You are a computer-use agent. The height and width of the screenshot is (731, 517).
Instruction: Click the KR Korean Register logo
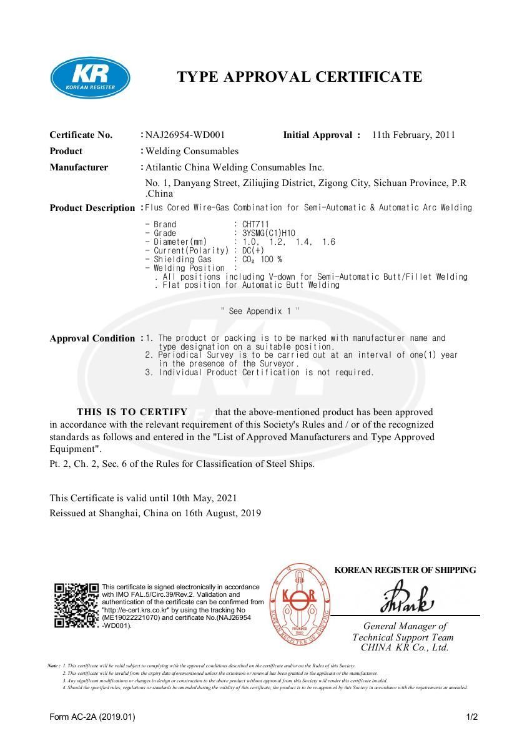(x=90, y=78)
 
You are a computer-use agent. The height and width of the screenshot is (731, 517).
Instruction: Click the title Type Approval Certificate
(x=300, y=77)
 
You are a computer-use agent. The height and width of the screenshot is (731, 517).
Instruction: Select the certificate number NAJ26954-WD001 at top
(x=185, y=135)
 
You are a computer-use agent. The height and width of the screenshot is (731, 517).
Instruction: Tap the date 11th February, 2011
(x=413, y=135)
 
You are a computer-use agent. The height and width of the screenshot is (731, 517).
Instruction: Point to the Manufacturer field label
(x=79, y=167)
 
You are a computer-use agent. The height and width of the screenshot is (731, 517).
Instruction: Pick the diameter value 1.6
(x=328, y=242)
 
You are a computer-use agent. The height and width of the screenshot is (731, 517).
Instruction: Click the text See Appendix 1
(x=260, y=311)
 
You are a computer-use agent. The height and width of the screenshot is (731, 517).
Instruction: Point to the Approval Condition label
(x=92, y=338)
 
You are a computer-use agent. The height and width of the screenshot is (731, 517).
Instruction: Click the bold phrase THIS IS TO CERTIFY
(x=132, y=412)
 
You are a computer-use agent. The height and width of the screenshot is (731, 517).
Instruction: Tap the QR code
(x=76, y=605)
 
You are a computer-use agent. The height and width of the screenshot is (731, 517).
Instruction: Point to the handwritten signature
(x=406, y=598)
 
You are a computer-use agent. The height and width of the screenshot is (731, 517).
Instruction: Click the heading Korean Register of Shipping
(x=405, y=570)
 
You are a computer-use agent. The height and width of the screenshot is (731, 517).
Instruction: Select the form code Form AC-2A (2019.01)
(x=92, y=717)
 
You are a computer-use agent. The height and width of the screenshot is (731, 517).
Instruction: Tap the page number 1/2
(x=471, y=717)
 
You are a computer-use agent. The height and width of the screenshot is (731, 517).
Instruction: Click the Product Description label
(x=92, y=208)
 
